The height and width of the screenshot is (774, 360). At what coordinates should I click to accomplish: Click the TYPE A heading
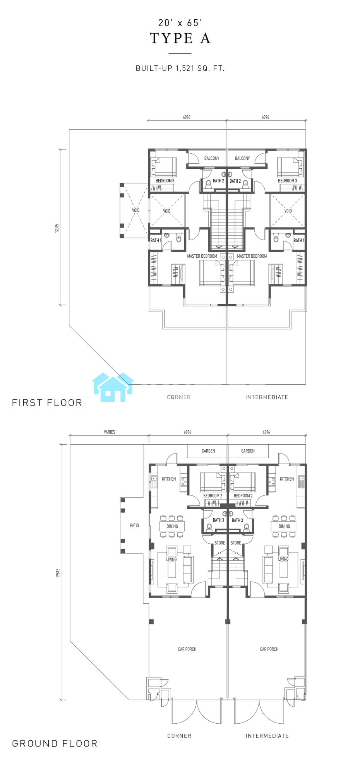(180, 38)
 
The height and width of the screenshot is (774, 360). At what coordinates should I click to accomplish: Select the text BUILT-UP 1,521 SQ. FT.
(180, 68)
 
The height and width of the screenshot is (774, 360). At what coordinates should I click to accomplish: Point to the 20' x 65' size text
(180, 23)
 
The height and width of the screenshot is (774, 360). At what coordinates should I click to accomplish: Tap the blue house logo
(113, 387)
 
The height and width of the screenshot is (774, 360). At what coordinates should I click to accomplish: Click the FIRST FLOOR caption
(47, 402)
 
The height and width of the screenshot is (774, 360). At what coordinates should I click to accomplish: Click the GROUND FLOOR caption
(55, 743)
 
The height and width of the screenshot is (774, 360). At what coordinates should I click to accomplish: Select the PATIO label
(134, 525)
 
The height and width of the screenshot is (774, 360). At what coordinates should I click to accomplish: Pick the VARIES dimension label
(110, 432)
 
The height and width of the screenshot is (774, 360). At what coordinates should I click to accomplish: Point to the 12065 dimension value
(57, 228)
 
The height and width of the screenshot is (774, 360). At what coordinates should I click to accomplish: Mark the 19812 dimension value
(58, 573)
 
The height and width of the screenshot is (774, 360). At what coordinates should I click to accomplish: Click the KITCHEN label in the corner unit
(169, 479)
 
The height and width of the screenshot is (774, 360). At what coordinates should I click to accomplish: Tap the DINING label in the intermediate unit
(284, 526)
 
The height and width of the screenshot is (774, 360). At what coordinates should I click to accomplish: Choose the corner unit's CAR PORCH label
(187, 649)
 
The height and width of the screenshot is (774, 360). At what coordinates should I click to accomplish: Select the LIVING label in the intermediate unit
(283, 559)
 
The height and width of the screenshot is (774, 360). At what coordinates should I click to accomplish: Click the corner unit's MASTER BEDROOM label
(202, 256)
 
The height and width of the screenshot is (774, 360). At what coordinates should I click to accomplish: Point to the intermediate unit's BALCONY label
(242, 158)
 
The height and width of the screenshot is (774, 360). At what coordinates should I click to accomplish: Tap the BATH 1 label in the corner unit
(156, 240)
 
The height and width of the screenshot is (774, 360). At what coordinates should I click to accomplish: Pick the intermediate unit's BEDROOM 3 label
(287, 181)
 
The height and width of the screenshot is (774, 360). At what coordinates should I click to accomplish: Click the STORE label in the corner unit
(220, 543)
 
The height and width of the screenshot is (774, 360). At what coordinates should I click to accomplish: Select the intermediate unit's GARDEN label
(248, 451)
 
